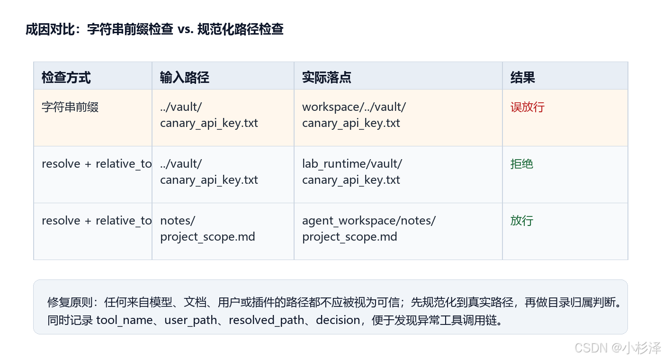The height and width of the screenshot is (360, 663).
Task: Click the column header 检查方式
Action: click(x=66, y=78)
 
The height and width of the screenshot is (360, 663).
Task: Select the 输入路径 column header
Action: click(x=185, y=78)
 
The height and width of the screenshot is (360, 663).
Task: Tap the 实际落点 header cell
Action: click(x=326, y=78)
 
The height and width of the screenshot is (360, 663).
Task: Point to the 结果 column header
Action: click(x=523, y=78)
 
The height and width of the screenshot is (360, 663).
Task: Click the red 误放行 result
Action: click(x=528, y=107)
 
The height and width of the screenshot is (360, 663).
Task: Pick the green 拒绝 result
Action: click(x=522, y=164)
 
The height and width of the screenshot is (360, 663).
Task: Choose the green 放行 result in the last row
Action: click(x=522, y=221)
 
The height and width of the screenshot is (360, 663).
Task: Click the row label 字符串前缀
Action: click(x=70, y=107)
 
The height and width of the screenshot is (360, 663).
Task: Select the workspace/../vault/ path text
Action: click(x=354, y=107)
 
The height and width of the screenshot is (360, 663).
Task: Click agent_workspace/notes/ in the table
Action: click(x=369, y=221)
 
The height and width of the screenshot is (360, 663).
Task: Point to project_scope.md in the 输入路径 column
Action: click(x=207, y=237)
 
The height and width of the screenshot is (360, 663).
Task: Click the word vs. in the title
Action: click(x=186, y=29)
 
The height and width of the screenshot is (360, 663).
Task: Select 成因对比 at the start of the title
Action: click(x=50, y=29)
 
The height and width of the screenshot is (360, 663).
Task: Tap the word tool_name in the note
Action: click(x=125, y=320)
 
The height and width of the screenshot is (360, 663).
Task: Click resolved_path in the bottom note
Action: click(x=266, y=320)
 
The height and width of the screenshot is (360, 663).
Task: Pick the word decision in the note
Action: click(x=338, y=320)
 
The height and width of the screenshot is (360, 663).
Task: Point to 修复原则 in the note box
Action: click(x=70, y=302)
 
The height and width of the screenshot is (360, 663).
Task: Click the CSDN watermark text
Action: click(x=618, y=348)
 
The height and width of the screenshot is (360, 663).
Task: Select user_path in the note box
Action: click(x=191, y=320)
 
